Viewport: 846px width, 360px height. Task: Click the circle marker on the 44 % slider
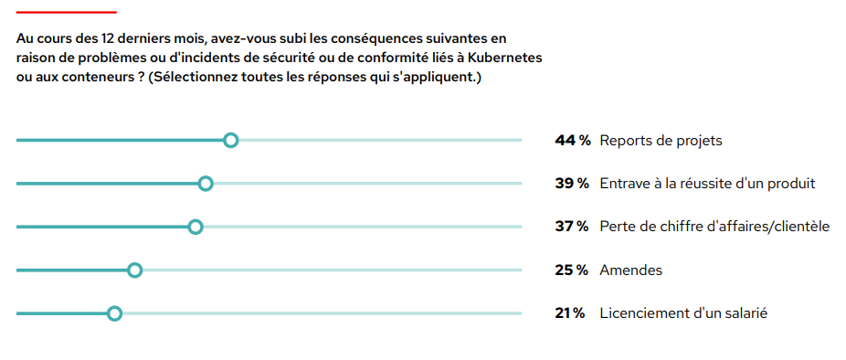coord(231,140)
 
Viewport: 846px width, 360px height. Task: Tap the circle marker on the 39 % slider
coord(206,184)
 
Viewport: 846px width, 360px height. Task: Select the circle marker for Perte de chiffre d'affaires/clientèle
coord(195,227)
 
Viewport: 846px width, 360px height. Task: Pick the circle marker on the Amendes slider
coord(135,270)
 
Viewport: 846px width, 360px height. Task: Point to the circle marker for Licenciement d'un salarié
coord(114,313)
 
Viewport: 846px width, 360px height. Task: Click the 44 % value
coord(573,141)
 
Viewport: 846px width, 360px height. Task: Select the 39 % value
coord(572,184)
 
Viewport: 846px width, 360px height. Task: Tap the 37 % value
coord(572,227)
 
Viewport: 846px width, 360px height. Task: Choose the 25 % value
coord(572,270)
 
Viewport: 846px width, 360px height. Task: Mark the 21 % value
coord(570,313)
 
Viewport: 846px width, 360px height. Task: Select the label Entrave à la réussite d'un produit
coord(707,184)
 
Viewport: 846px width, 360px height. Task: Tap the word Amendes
coord(630,270)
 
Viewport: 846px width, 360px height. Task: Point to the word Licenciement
coord(640,313)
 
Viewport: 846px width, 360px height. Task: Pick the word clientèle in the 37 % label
coord(798,227)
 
